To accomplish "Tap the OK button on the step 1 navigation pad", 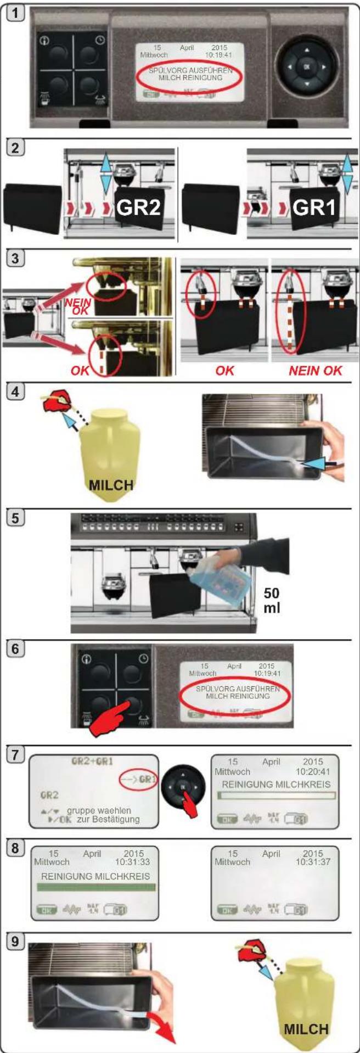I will (306, 67).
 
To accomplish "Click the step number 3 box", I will (18, 258).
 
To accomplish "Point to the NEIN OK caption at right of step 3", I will (315, 370).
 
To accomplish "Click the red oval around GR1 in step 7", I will (138, 780).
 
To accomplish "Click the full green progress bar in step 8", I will (96, 887).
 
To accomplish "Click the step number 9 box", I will (18, 942).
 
